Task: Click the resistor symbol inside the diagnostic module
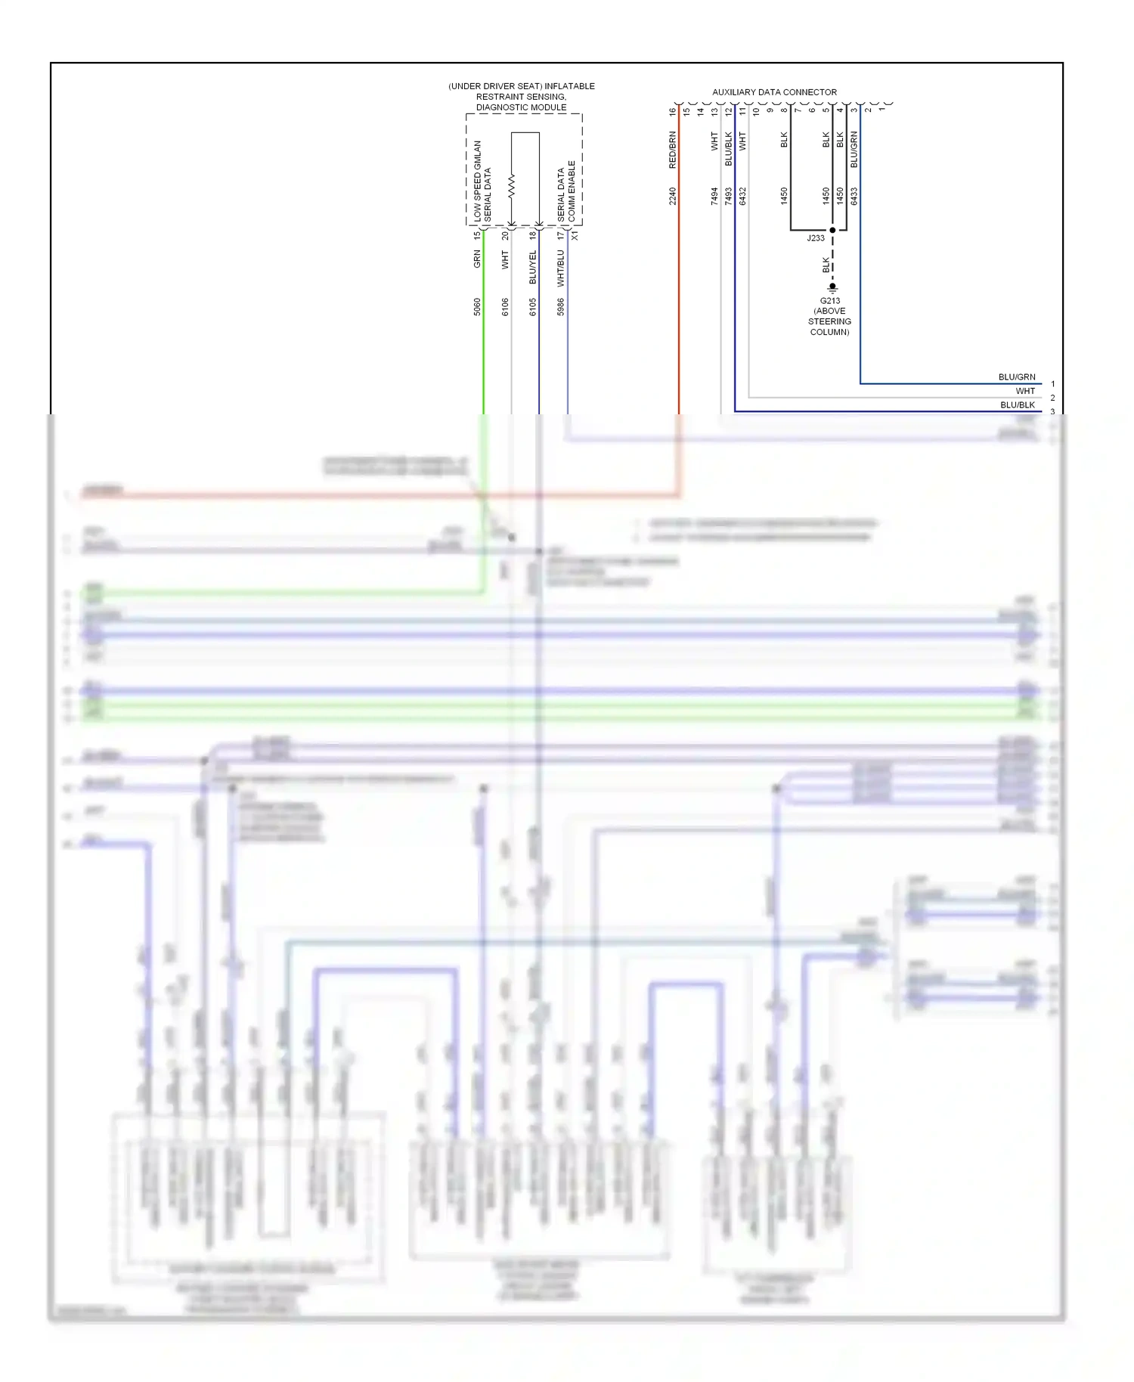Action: (512, 185)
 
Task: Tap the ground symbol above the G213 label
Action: (832, 288)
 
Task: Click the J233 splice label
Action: (816, 238)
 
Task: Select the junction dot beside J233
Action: (832, 230)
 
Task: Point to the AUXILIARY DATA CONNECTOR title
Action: (774, 92)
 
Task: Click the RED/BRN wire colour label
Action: (672, 150)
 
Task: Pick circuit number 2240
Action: (672, 197)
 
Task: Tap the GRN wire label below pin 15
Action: (477, 259)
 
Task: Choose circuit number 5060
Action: (477, 307)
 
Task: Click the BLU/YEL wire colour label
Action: (533, 268)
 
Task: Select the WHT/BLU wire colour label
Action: (561, 269)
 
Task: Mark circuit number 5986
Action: (561, 307)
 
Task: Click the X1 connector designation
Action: (575, 236)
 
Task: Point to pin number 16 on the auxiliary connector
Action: (672, 112)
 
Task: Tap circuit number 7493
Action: (729, 197)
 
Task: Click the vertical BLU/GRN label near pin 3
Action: (854, 150)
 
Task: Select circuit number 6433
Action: (854, 197)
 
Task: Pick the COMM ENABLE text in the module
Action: (572, 191)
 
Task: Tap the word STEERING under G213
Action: (829, 321)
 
